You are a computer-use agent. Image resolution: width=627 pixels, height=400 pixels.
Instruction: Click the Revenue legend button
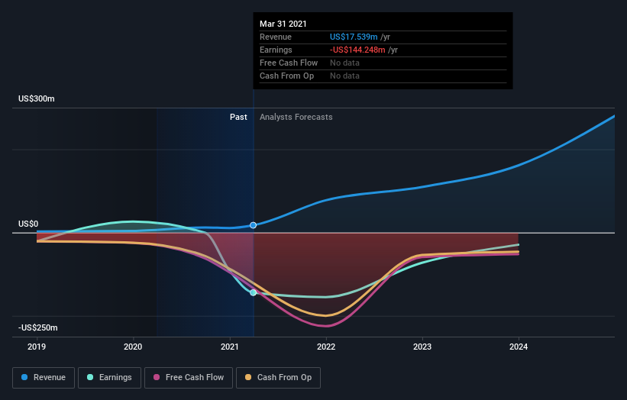tap(44, 377)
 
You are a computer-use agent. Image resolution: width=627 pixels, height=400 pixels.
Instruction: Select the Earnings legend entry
tap(109, 377)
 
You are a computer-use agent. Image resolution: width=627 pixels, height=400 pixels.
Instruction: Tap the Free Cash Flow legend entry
tap(189, 377)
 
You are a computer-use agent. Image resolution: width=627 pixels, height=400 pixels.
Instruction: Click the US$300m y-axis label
tap(37, 99)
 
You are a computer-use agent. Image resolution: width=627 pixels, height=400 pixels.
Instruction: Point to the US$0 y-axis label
tap(28, 224)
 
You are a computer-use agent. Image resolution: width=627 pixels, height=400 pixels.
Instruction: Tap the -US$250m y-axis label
tap(38, 327)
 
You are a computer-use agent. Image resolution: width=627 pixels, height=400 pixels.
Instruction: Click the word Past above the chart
tap(238, 117)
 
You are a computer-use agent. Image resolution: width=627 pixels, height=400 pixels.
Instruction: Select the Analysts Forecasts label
tap(296, 117)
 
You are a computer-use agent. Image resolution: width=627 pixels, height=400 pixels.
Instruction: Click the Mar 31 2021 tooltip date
tap(283, 24)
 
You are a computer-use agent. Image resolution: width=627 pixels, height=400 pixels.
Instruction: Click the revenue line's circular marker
tap(254, 225)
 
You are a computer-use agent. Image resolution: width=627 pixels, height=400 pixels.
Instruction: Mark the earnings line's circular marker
tap(254, 292)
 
